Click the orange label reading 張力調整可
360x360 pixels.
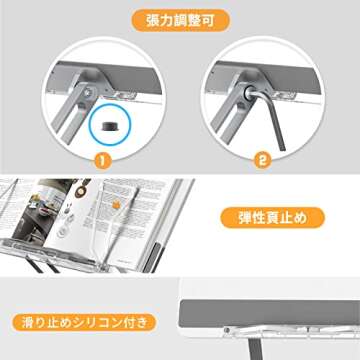[180, 19]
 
